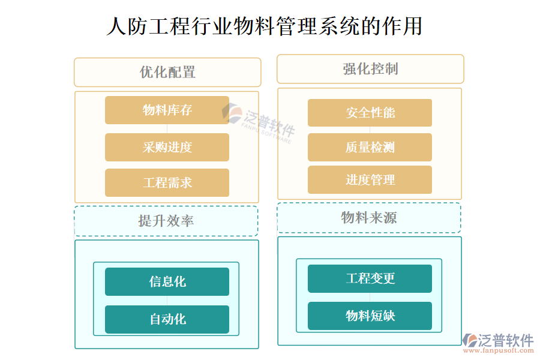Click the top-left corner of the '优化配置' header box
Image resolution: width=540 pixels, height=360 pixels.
(74, 58)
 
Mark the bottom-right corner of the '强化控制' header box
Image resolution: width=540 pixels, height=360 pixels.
(464, 83)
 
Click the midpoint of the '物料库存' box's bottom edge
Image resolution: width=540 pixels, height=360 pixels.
(167, 124)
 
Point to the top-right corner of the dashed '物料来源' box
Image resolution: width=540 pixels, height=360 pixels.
(461, 203)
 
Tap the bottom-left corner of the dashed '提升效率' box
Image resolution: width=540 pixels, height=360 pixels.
(75, 236)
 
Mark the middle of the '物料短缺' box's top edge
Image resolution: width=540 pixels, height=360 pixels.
(370, 302)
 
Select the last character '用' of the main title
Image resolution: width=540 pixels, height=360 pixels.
(413, 26)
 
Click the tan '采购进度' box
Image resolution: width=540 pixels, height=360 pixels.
(167, 147)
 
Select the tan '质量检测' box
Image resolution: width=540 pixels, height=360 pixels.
(370, 147)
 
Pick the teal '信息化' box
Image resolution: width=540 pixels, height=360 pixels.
(167, 281)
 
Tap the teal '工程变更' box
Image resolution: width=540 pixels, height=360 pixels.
(370, 278)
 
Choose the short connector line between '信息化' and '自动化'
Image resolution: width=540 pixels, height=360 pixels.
(167, 301)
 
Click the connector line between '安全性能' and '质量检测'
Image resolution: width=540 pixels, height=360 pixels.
(370, 130)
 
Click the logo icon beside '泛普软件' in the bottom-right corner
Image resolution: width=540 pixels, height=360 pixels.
(470, 340)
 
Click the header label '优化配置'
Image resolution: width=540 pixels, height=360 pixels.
(168, 73)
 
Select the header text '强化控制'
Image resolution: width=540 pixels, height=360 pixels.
(371, 69)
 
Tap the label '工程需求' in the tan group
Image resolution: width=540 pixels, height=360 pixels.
(167, 182)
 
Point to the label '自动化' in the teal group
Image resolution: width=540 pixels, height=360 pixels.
(168, 319)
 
